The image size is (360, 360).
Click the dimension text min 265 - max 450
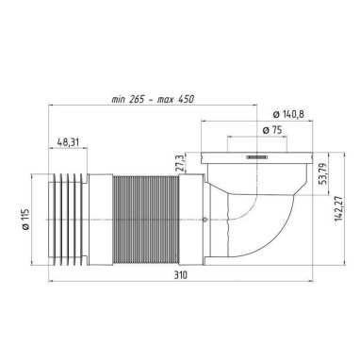tap(153, 99)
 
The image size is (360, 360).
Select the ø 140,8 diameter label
tap(288, 114)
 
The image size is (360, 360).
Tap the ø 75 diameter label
tap(272, 130)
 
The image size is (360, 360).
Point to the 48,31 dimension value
tap(68, 142)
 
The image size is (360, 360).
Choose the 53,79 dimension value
tap(323, 173)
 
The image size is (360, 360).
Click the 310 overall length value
tap(181, 275)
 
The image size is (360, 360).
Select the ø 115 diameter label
tap(25, 219)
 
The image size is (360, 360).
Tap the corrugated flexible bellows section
tap(145, 220)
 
